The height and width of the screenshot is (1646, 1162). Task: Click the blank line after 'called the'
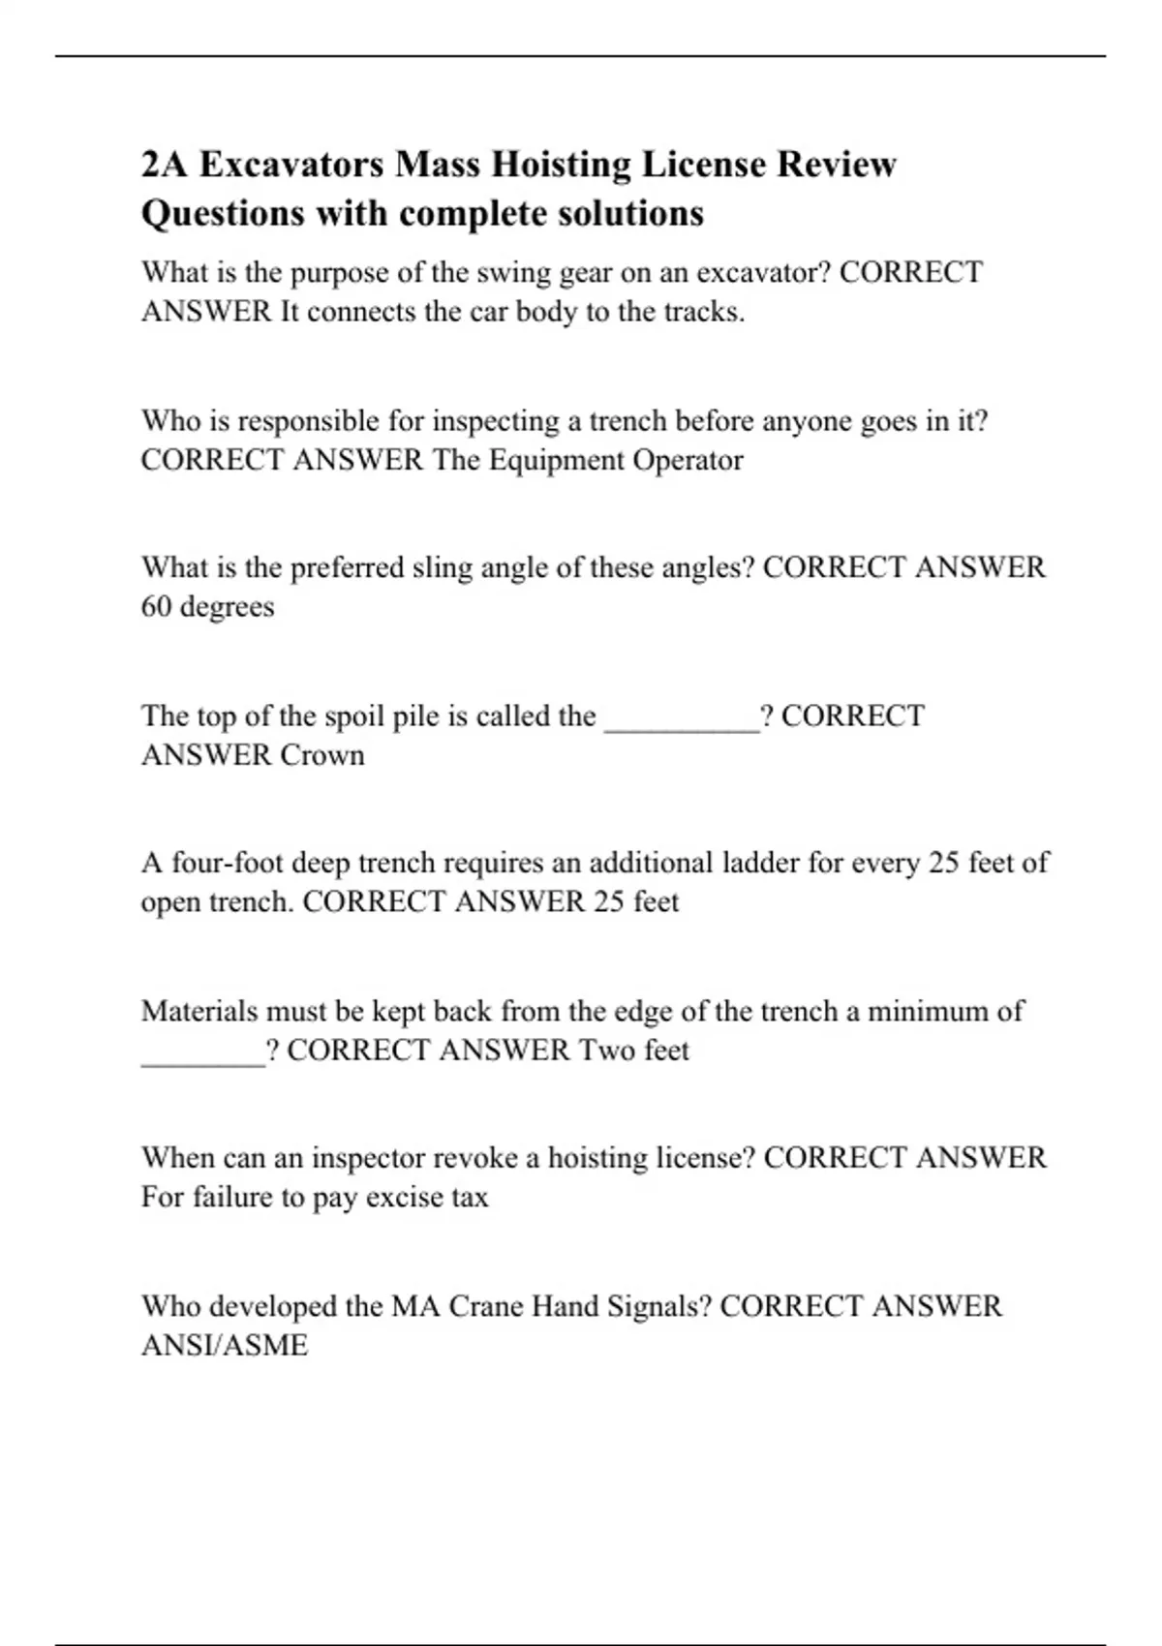(x=682, y=718)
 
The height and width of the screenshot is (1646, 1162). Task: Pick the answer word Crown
(x=322, y=755)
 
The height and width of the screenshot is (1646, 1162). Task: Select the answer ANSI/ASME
(x=225, y=1346)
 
